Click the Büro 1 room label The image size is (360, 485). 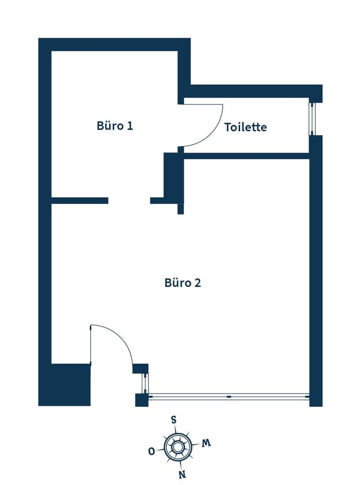point(115,126)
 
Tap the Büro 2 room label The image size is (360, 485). point(182,282)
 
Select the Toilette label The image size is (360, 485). point(245,127)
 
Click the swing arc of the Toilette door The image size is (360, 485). point(215,134)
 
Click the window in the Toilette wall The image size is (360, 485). point(312,119)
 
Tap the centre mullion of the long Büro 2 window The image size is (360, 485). point(229,397)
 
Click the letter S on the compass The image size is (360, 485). point(174,420)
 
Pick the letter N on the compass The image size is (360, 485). point(182,474)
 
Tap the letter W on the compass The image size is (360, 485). point(206,443)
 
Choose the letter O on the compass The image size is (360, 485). point(151,451)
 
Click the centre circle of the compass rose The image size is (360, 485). point(178,447)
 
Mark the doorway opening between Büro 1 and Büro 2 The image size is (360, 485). point(129,201)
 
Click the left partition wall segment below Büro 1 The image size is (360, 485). point(80,201)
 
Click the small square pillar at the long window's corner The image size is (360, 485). point(141,400)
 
